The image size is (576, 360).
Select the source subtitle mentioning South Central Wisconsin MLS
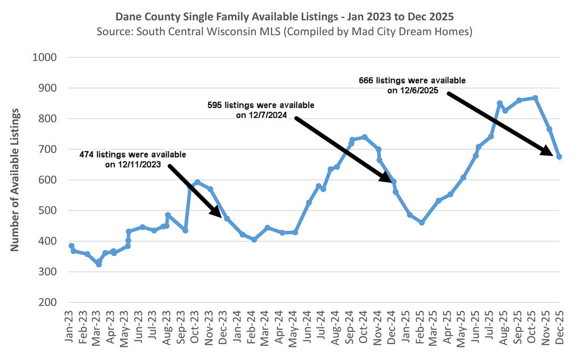click(284, 32)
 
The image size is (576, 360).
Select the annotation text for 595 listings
click(261, 110)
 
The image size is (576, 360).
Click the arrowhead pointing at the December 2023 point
click(218, 212)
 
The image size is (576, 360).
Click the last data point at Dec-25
click(559, 157)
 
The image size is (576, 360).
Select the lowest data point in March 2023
click(99, 264)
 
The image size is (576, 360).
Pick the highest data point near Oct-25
click(535, 98)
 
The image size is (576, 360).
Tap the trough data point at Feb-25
click(421, 223)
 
